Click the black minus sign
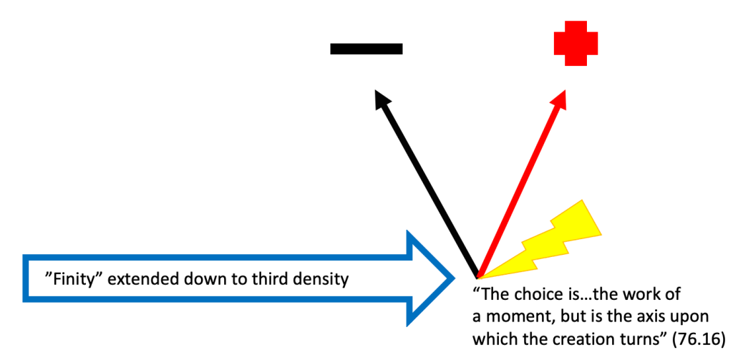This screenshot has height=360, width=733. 366,49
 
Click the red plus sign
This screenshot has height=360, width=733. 576,44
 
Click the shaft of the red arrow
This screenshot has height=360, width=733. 520,190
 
